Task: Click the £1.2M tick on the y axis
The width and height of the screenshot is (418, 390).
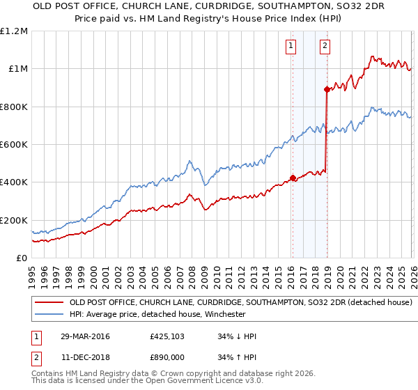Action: (14, 31)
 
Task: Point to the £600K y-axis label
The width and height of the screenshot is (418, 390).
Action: (14, 145)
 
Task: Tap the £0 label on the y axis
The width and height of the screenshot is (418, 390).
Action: (21, 258)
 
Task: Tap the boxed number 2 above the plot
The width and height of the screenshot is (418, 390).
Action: (325, 47)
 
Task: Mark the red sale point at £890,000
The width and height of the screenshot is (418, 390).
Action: (327, 89)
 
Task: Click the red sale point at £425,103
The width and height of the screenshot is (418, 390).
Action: (293, 178)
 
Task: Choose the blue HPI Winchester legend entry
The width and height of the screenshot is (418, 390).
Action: (157, 314)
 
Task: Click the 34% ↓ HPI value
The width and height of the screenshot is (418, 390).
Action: (238, 337)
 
